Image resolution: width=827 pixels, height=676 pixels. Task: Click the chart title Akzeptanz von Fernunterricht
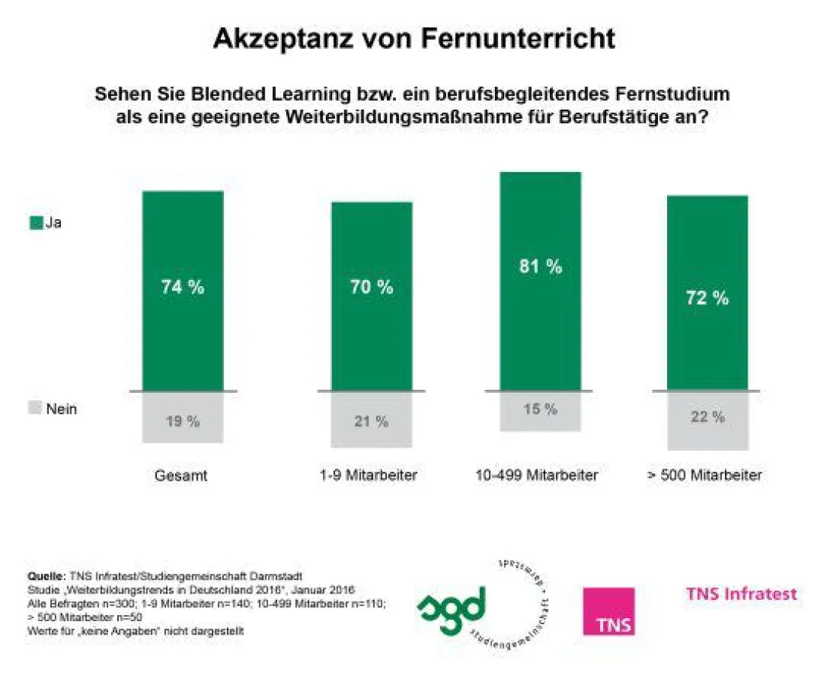tap(414, 38)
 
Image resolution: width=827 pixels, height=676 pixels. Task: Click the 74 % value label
tap(183, 288)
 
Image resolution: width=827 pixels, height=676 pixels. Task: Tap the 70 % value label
tap(371, 288)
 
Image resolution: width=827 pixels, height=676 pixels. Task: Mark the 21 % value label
tap(371, 422)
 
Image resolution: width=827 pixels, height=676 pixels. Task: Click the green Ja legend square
tap(35, 223)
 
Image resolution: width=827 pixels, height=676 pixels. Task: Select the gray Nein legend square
tap(35, 409)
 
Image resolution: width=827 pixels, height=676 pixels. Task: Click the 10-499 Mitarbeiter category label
tap(537, 475)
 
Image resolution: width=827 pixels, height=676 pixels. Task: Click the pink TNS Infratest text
tap(741, 594)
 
